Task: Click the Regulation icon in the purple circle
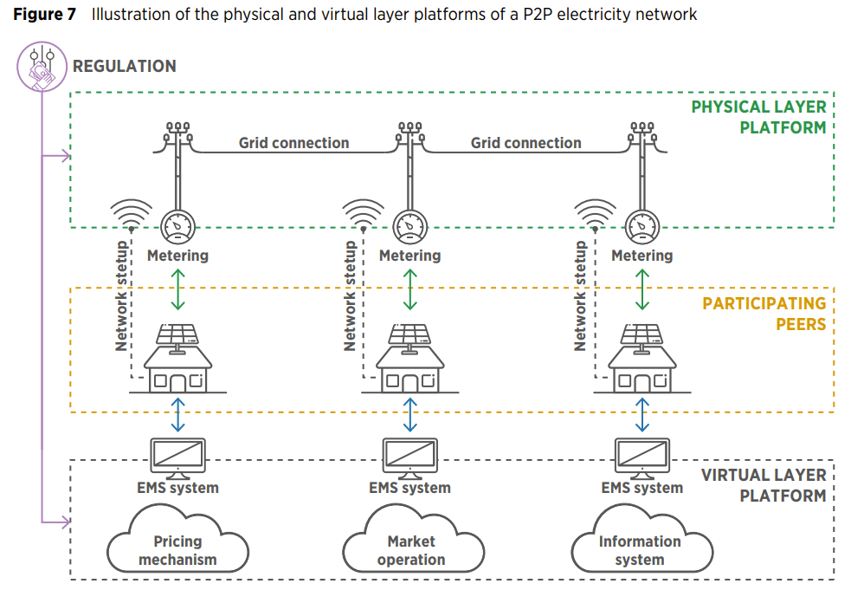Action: (42, 67)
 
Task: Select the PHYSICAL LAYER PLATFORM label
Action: (758, 117)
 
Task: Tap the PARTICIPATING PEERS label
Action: (764, 314)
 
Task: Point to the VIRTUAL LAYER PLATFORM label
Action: (763, 485)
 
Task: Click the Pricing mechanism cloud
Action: (177, 546)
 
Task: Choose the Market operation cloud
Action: (410, 546)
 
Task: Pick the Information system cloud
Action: (641, 546)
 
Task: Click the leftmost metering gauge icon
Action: (177, 227)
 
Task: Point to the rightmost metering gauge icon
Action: (641, 227)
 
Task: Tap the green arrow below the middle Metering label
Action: (410, 289)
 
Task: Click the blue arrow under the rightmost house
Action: (641, 414)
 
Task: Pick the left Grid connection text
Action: (294, 143)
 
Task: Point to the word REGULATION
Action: (124, 67)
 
